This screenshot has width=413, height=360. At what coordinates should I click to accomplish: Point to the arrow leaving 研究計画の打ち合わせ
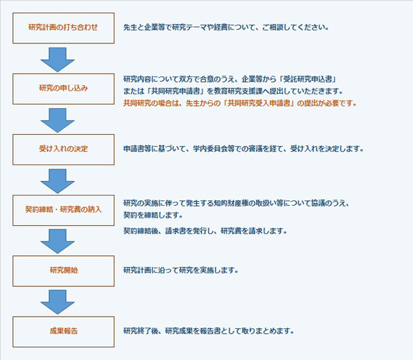[57, 59]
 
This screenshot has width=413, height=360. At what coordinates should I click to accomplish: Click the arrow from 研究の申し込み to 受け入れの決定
[57, 120]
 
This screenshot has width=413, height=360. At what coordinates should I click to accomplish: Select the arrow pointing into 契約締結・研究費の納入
[57, 181]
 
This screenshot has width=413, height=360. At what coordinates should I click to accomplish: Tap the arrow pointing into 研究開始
[57, 242]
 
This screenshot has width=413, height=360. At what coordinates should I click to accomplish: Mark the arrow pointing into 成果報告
[57, 302]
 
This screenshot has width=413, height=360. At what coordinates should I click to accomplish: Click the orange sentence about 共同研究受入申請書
[240, 103]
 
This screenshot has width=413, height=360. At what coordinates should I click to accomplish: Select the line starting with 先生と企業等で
[226, 28]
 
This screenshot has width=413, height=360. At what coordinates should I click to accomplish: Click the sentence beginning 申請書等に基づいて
[244, 149]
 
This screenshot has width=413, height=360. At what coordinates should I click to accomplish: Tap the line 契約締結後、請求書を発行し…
[205, 231]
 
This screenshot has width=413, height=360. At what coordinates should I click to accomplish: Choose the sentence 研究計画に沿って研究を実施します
[180, 271]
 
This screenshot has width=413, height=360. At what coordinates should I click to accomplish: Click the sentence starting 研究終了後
[209, 331]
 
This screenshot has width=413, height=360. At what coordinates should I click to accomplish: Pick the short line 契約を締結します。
[153, 215]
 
